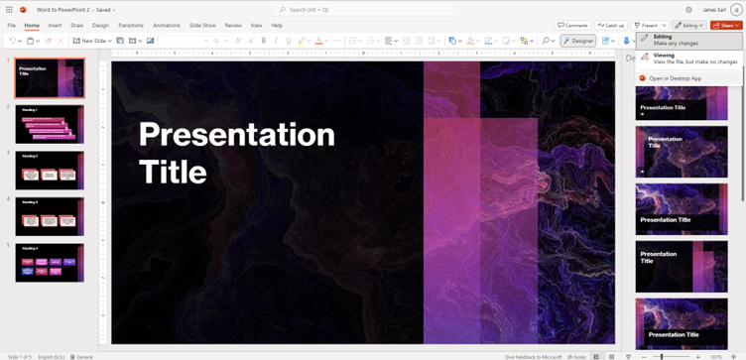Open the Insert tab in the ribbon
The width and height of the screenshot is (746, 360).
coord(55,25)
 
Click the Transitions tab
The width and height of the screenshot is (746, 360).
coord(130,25)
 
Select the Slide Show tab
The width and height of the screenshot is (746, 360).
coord(202,25)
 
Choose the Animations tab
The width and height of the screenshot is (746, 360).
coord(167,25)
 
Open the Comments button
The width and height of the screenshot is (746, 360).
coord(573,25)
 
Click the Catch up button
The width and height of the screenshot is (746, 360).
coord(612,25)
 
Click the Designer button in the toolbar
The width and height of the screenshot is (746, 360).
coord(578,41)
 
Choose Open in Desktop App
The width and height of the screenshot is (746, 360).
coord(675,78)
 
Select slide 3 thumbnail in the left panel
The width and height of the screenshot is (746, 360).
coord(50,171)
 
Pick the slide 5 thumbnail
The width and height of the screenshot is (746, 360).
coord(50,263)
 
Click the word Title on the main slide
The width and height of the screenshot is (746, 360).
coord(173,172)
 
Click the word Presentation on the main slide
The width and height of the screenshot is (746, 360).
coord(236,134)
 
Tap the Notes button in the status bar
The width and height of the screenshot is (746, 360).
coord(576,356)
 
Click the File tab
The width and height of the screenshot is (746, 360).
coord(11,25)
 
